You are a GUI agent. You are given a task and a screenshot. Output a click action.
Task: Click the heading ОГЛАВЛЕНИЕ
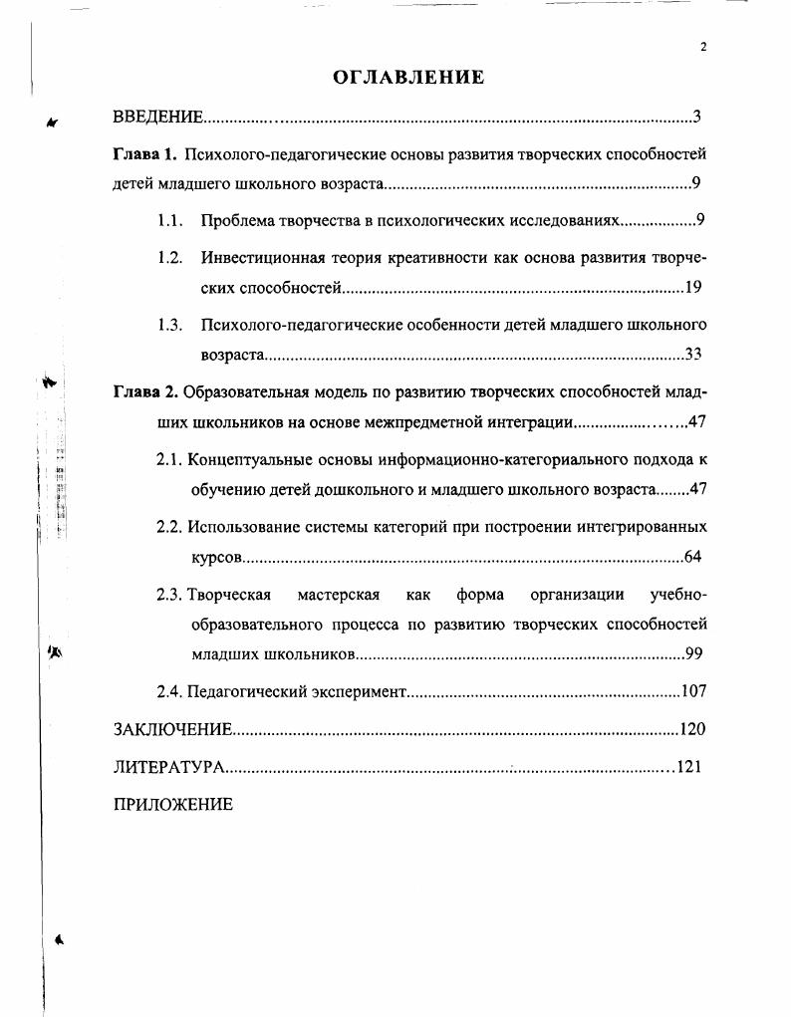pos(407,77)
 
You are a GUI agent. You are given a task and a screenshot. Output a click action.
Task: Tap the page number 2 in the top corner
pos(703,47)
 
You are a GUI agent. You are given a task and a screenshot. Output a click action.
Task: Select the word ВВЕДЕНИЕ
pos(158,118)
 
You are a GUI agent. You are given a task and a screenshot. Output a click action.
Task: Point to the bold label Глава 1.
pos(144,153)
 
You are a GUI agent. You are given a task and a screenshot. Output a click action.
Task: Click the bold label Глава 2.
pos(145,389)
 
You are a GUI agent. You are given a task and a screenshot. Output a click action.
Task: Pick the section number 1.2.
pos(169,257)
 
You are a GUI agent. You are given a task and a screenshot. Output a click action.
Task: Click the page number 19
pos(694,288)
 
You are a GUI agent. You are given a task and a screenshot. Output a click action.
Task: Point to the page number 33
pos(694,355)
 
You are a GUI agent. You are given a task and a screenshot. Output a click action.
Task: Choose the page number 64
pos(694,556)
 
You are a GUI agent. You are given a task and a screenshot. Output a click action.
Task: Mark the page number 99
pos(695,654)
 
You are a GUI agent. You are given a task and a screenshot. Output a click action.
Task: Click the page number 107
pos(692,690)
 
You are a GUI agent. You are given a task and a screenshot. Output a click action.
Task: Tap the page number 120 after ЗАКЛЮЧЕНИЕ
pos(691,729)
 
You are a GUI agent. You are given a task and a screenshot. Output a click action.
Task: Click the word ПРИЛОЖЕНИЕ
pos(173,805)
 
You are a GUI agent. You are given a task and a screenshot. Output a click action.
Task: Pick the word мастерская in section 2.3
pos(339,595)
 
